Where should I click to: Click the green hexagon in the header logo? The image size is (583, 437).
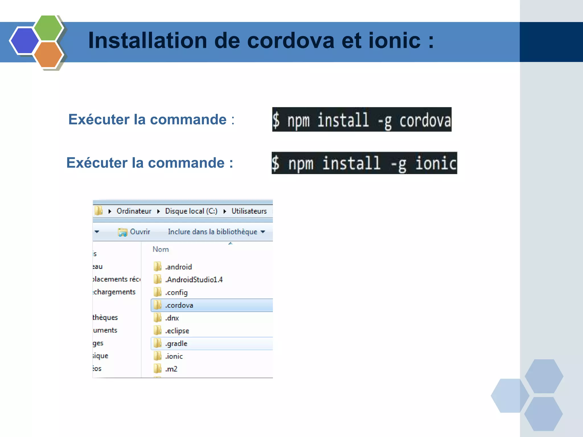48,28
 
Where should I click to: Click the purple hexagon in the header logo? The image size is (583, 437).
24,41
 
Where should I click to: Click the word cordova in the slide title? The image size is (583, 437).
291,41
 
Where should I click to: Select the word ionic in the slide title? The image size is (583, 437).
394,41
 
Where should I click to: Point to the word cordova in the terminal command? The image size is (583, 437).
425,120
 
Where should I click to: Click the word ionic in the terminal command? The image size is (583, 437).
436,164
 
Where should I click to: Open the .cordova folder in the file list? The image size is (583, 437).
179,305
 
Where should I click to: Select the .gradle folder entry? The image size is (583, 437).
176,344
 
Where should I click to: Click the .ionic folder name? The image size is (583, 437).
174,356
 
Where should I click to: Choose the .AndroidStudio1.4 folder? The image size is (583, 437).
194,280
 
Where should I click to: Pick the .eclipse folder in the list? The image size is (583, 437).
177,331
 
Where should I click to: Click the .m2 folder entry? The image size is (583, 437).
171,369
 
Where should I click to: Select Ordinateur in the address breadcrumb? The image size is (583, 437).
134,211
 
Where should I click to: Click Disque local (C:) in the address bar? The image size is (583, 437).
191,211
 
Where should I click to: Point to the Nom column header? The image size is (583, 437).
161,250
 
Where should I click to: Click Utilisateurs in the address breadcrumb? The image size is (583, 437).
249,211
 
